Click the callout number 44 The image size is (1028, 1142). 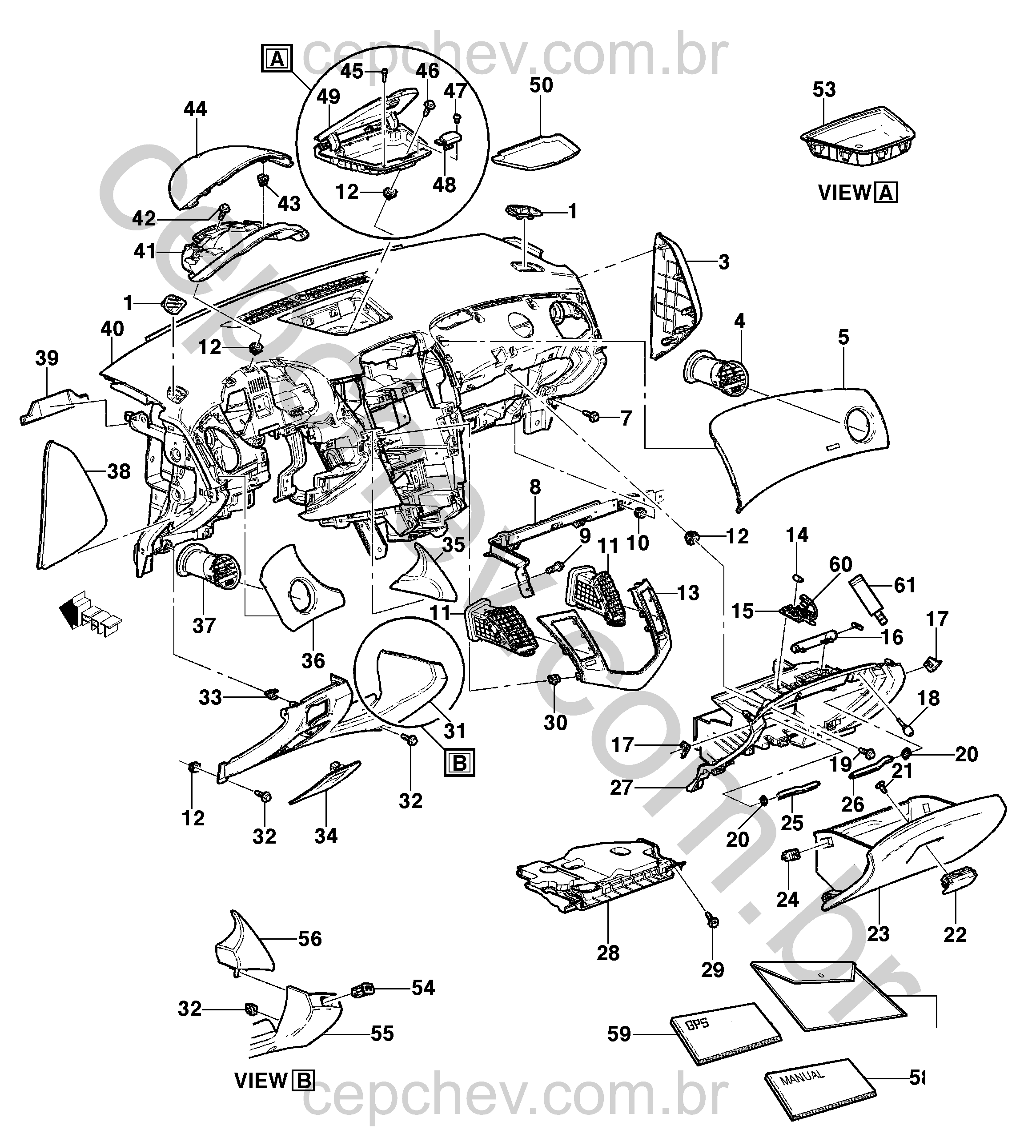point(196,109)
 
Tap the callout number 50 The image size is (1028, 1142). point(541,85)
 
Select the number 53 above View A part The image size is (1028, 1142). point(824,90)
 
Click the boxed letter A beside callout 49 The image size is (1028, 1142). point(277,58)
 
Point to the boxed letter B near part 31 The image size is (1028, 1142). point(460,764)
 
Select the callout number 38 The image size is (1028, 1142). point(119,471)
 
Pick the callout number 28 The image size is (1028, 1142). point(608,953)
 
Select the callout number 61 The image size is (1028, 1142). point(904,585)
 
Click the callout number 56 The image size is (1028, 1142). point(309,939)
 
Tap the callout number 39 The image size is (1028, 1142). point(47,358)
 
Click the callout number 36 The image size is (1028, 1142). point(313,660)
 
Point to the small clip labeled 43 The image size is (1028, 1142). point(263,180)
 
